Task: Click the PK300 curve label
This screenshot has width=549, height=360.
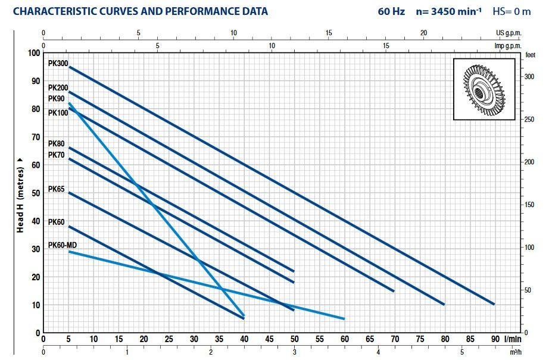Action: pos(58,62)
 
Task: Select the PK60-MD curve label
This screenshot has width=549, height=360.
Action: pos(62,245)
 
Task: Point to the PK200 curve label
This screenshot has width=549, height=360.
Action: pos(58,87)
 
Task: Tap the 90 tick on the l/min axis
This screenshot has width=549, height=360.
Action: pos(495,339)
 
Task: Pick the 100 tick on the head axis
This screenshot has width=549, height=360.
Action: pos(33,53)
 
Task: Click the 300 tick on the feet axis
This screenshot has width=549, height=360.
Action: pos(529,77)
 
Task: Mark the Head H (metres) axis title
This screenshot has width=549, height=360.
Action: pos(20,193)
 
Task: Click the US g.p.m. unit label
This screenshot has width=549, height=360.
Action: pos(509,33)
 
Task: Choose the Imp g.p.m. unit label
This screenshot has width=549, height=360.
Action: pos(508,45)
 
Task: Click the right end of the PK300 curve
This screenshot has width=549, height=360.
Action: pos(494,303)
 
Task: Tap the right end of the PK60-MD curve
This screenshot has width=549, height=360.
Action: pos(344,318)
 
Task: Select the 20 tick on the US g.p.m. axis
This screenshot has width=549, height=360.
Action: pos(423,33)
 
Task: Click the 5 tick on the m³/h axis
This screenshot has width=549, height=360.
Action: pos(462,352)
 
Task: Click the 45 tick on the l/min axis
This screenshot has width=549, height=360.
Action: pos(269,339)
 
